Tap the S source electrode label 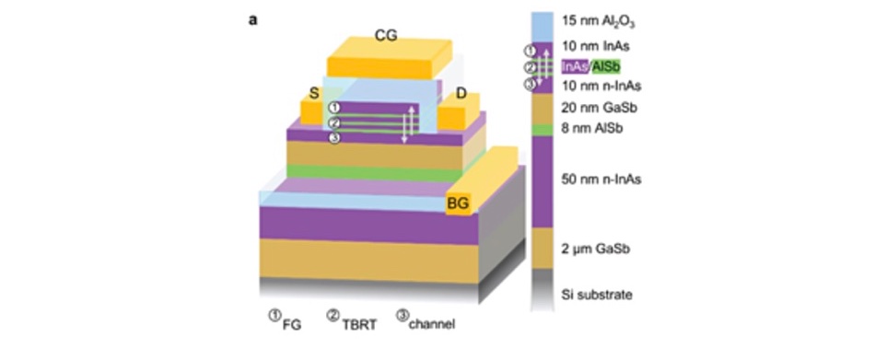315,92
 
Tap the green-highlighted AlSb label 605,66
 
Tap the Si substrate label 597,295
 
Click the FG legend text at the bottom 293,323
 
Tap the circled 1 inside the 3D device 333,109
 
